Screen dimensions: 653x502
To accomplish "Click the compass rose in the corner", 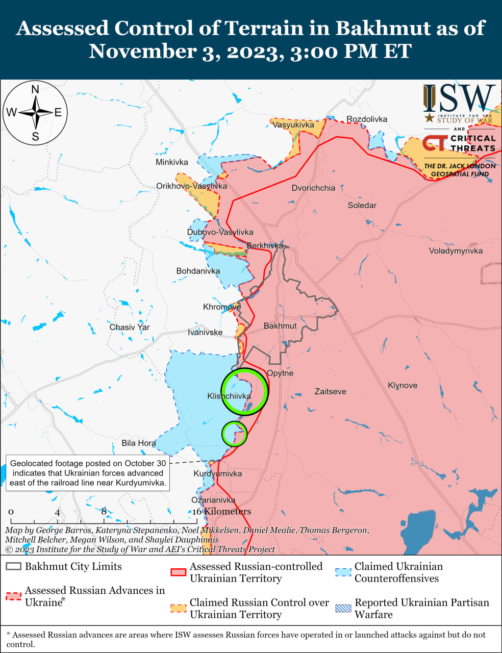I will click(36, 113).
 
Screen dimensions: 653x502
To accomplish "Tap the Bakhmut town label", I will click(280, 325).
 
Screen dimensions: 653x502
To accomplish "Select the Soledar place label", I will click(362, 205).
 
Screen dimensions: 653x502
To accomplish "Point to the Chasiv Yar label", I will click(130, 327).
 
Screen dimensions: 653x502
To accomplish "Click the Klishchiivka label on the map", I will click(229, 396).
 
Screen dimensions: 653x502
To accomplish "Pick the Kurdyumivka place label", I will click(217, 473).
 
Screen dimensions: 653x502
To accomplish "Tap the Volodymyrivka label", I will click(456, 250).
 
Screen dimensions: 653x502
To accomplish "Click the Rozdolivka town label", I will click(367, 119).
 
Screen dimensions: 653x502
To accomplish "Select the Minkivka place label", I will click(172, 162).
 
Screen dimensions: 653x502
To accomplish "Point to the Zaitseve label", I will click(330, 391).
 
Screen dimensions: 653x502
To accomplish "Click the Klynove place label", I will click(403, 385).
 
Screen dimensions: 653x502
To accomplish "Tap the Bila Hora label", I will click(138, 443).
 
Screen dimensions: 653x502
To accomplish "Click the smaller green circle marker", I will click(234, 434).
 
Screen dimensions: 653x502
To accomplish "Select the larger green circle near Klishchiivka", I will click(245, 391).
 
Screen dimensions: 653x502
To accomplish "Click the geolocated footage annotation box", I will click(88, 473).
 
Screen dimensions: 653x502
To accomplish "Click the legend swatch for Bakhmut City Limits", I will click(13, 566).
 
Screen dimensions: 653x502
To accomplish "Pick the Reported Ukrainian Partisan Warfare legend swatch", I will click(343, 608).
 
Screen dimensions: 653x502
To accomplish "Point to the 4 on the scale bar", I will click(58, 512).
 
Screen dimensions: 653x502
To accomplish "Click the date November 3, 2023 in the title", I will click(186, 52).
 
